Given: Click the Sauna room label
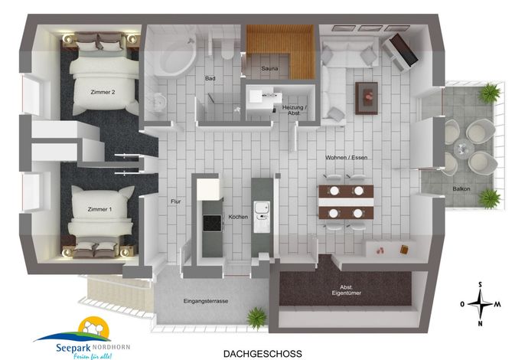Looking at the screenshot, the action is point(269,68).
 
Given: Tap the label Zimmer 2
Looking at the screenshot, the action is point(103,92).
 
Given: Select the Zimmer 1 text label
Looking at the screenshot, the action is point(99,209).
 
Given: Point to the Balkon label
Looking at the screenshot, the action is point(461,188).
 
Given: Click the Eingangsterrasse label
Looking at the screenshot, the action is point(206,301).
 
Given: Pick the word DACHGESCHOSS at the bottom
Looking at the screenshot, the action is point(262,354).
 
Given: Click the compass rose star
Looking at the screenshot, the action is point(481,304).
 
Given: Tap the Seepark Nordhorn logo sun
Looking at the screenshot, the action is point(94,326).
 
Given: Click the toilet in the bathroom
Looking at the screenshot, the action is point(227,50).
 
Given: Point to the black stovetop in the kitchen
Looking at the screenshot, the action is point(212,223).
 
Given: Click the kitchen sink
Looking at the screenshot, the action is point(262,208).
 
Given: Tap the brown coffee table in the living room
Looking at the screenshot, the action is point(367,98).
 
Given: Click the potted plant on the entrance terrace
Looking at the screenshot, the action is point(256,317).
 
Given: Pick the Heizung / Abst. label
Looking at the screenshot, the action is point(295,110).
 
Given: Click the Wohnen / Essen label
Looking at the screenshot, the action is point(347,157).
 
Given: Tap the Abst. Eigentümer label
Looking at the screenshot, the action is point(347,290).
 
